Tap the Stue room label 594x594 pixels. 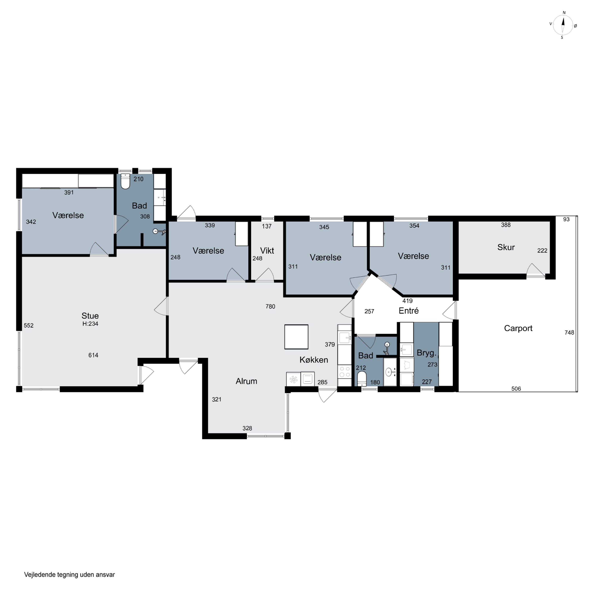(x=90, y=316)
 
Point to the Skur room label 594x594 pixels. (x=506, y=247)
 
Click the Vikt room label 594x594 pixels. (x=267, y=251)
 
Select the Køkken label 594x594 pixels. (x=314, y=360)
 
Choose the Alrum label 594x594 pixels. (x=246, y=381)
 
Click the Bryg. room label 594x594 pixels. (x=426, y=353)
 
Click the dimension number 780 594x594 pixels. (x=270, y=307)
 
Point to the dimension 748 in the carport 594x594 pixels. (x=569, y=332)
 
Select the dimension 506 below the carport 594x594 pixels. (x=516, y=389)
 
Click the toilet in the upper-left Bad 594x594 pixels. (x=125, y=181)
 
